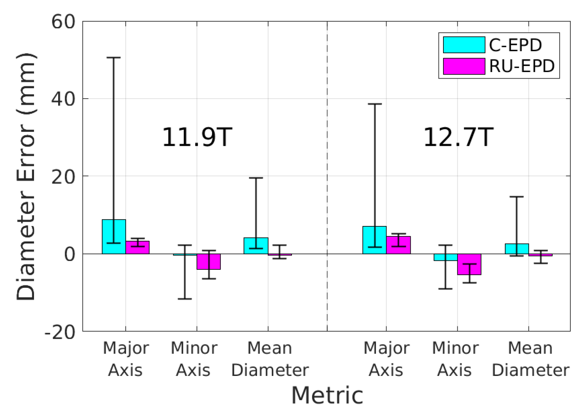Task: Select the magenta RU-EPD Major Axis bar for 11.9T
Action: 138,247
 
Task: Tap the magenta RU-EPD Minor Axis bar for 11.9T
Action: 209,262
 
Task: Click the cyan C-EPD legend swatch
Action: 464,45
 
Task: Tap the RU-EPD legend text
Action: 522,66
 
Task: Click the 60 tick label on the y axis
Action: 63,22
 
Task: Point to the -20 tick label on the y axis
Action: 60,332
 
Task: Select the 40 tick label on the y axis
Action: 63,99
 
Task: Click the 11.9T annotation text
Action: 197,137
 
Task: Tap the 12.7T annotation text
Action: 458,137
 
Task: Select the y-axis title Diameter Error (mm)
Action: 26,176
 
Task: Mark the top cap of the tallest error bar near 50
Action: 113,58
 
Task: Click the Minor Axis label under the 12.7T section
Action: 454,359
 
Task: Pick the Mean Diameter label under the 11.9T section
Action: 269,359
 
